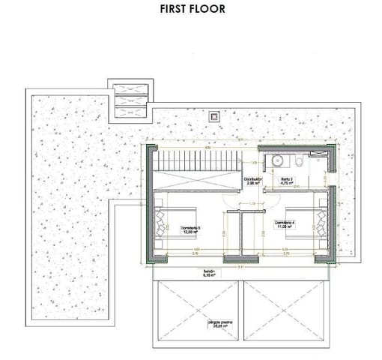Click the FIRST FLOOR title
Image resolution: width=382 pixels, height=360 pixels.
(192, 10)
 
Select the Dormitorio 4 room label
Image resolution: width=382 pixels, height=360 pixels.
(285, 223)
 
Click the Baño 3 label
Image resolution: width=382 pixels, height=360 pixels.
(288, 180)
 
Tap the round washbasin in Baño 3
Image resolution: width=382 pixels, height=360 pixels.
(278, 160)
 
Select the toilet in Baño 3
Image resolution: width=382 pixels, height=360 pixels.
(299, 161)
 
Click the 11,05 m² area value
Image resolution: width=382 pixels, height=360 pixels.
(285, 228)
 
